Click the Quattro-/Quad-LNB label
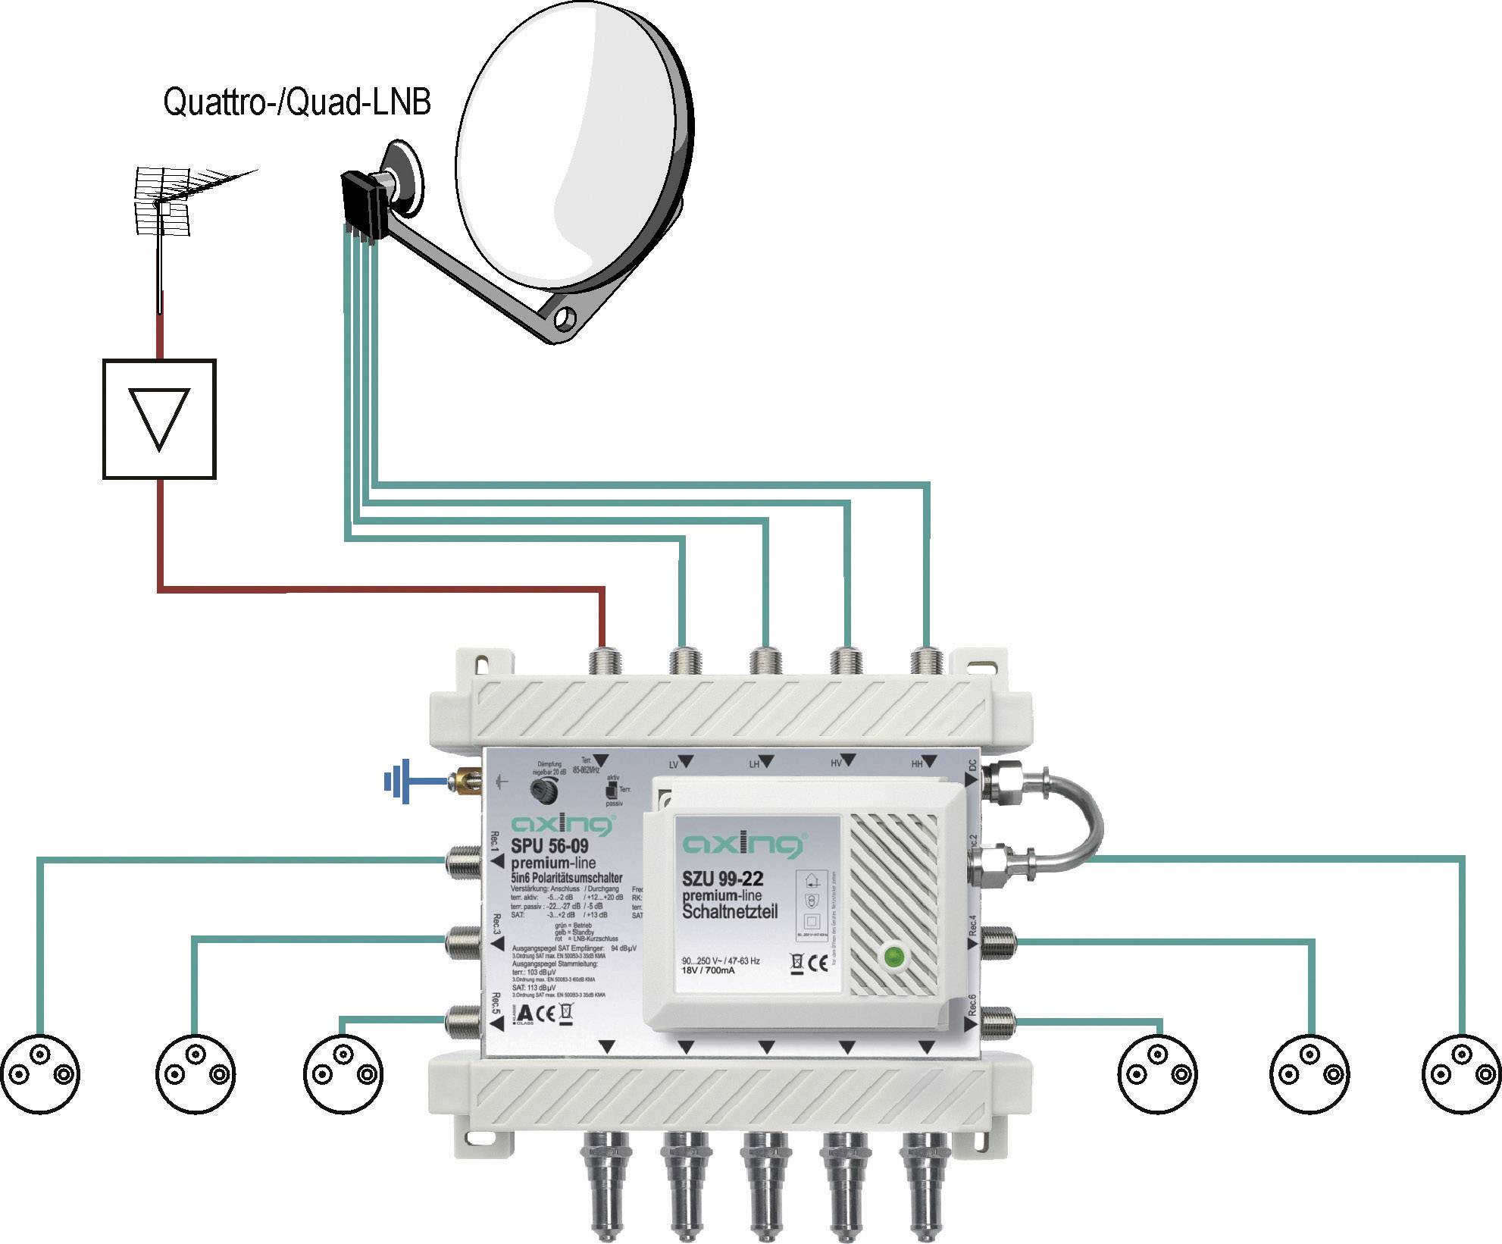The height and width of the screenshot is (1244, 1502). pyautogui.click(x=297, y=102)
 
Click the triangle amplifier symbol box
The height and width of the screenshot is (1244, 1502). pyautogui.click(x=159, y=418)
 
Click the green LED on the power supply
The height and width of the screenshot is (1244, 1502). pyautogui.click(x=895, y=957)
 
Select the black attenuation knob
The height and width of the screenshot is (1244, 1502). pyautogui.click(x=544, y=791)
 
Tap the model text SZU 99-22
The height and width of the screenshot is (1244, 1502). pyautogui.click(x=722, y=879)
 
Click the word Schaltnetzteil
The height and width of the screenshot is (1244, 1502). pyautogui.click(x=730, y=911)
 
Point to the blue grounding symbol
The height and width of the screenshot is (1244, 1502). pyautogui.click(x=400, y=781)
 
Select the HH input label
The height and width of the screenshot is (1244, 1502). pyautogui.click(x=917, y=764)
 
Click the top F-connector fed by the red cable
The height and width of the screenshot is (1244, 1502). pyautogui.click(x=604, y=660)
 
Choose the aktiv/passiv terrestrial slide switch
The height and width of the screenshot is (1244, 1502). pyautogui.click(x=611, y=791)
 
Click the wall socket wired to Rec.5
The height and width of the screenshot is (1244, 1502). pyautogui.click(x=343, y=1073)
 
